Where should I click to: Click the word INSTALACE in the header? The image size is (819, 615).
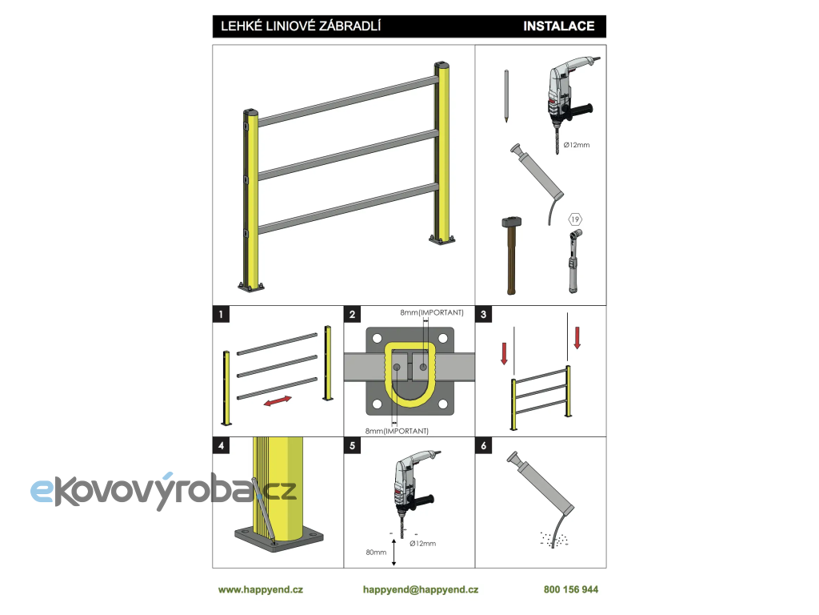558,26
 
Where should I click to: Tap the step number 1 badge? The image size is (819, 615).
220,315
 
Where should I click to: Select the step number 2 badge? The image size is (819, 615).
352,315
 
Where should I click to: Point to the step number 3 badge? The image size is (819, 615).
483,315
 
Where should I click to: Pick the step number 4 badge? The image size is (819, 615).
220,445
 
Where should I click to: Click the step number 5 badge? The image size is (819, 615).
352,445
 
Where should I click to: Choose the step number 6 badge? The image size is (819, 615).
483,445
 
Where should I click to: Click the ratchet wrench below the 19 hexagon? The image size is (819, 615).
573,260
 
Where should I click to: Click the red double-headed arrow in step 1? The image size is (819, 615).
278,401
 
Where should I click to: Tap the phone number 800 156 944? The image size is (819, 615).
570,589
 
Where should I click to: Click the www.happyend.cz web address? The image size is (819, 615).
261,589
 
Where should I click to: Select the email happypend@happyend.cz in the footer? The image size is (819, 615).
420,589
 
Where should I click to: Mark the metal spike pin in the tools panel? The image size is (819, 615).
507,96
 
